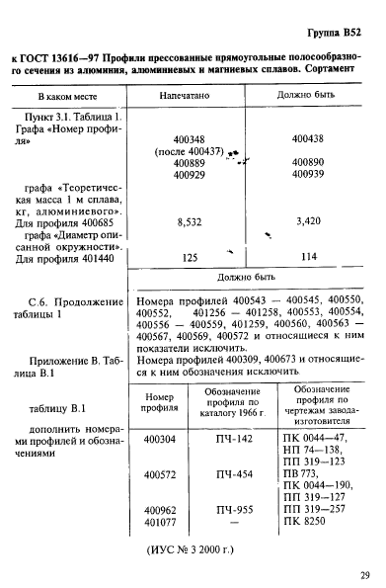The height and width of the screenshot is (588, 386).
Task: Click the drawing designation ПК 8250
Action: point(306,521)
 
